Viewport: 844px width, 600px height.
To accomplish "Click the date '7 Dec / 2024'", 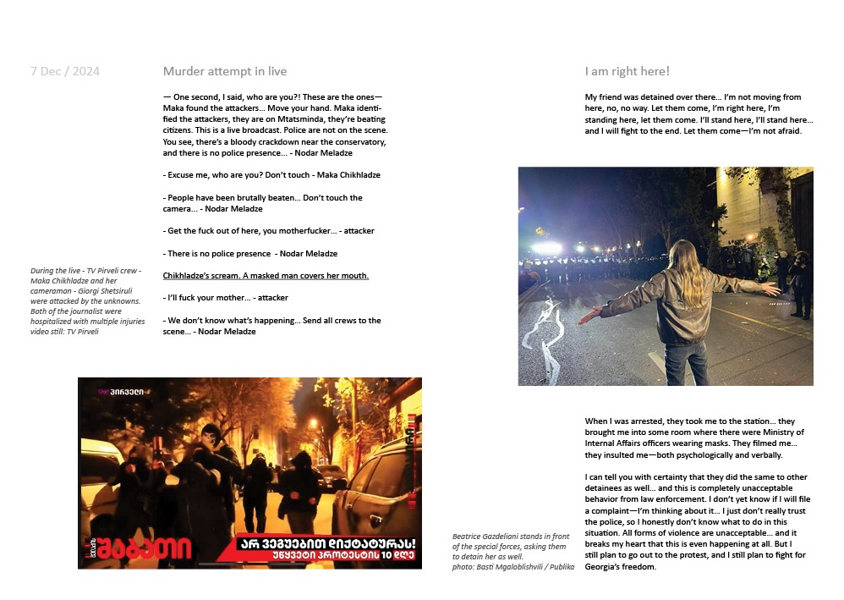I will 65,71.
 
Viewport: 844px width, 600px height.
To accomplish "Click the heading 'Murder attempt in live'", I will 225,71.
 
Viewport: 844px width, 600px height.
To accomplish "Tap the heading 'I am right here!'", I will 627,71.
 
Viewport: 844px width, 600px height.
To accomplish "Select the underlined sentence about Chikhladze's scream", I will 266,276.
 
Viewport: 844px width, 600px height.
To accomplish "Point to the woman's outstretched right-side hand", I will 770,289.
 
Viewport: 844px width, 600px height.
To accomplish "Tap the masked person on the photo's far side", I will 798,280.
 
